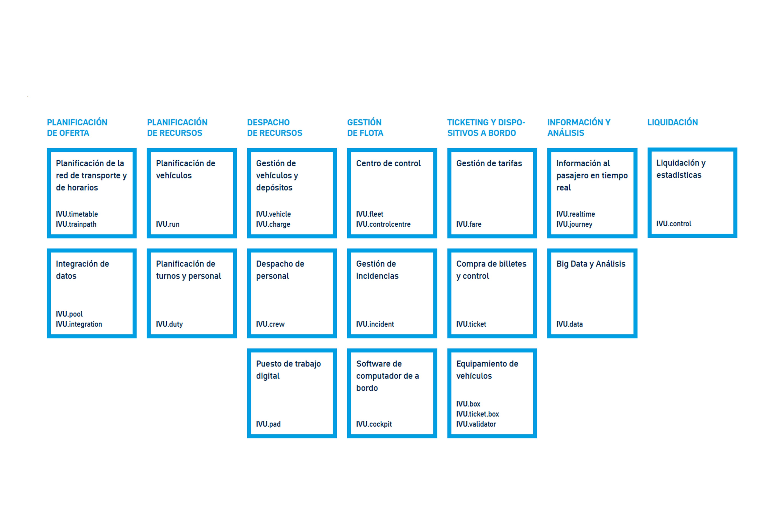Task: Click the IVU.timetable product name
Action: click(77, 214)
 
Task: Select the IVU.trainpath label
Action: click(76, 224)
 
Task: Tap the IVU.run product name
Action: click(168, 224)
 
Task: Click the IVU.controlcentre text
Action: click(383, 224)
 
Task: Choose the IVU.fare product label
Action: click(469, 224)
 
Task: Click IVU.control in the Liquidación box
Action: click(674, 224)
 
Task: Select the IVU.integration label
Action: click(79, 324)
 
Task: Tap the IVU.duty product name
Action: click(169, 324)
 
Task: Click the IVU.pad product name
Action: click(268, 424)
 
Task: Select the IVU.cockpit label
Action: click(374, 424)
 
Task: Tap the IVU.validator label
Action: click(476, 424)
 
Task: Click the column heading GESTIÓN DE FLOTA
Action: click(365, 128)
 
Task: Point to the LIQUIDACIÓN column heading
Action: click(673, 122)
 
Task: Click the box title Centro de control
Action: click(388, 163)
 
